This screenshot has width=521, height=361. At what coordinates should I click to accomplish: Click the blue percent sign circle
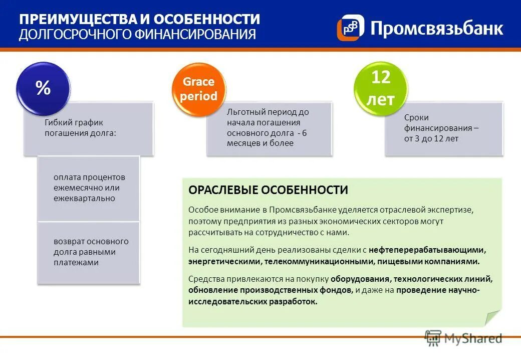43,88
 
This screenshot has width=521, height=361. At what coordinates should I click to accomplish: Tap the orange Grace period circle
198,89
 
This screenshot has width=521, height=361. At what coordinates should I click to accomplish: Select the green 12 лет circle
381,88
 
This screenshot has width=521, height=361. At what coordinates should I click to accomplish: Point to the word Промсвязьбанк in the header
436,28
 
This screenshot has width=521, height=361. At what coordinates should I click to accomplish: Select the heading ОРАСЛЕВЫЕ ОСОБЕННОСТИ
268,190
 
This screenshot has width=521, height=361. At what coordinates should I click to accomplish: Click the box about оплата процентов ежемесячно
89,188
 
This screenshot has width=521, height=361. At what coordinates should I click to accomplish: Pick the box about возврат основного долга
89,252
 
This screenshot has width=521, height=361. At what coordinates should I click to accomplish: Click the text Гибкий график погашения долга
80,128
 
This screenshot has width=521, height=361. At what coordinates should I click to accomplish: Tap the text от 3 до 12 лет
431,138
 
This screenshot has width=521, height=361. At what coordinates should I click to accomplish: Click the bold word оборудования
360,279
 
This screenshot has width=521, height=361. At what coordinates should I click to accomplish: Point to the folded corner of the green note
492,318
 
